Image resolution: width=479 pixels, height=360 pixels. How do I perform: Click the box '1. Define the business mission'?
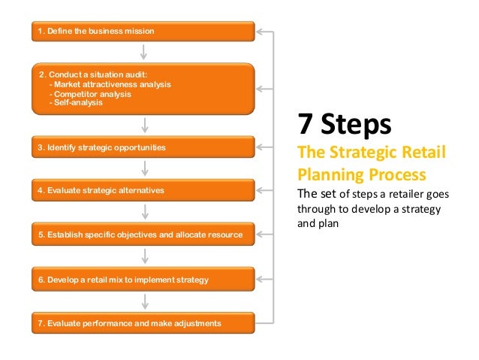[143, 32]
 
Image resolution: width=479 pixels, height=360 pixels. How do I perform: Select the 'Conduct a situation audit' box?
[143, 88]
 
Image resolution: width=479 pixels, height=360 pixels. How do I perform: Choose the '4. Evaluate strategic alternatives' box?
[143, 191]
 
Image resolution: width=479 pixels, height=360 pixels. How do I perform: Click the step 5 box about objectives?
[143, 234]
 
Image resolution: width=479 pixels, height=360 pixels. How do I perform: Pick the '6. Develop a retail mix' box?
[143, 279]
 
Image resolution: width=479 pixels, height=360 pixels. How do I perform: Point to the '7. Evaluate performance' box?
[143, 323]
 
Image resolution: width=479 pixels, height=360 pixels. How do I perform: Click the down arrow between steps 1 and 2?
[143, 51]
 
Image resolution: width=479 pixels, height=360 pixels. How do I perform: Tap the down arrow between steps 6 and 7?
[143, 301]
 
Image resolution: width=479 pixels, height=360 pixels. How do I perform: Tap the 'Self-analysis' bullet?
[76, 102]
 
